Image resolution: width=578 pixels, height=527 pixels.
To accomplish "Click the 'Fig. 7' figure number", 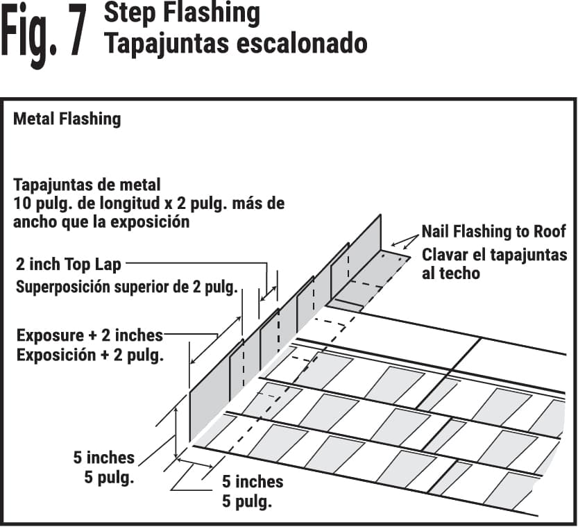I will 44,32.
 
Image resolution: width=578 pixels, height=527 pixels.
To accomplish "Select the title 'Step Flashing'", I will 182,13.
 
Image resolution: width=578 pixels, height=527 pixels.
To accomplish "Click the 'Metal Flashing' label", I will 67,119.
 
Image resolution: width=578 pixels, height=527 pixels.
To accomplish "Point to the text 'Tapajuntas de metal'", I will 87,185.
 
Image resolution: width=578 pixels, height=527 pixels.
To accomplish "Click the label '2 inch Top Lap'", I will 68,264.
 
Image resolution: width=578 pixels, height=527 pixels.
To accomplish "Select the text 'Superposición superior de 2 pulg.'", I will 127,286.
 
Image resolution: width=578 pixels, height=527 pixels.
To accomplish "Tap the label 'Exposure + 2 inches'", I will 90,335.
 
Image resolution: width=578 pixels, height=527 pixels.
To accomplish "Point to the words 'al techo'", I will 450,274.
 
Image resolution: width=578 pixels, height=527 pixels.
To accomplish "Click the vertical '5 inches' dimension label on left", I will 103,458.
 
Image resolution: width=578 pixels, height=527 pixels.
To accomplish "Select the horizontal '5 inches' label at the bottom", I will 253,481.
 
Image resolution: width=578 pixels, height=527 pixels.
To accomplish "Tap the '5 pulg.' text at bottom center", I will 246,501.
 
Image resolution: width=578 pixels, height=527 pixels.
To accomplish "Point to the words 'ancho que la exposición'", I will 101,222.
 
